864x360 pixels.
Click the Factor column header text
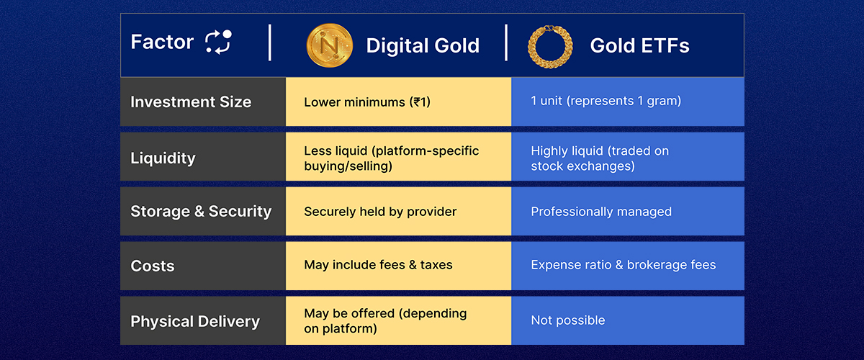[x=162, y=42]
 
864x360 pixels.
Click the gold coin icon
[x=330, y=45]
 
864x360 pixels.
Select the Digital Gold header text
[x=423, y=45]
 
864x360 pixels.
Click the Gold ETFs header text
[x=639, y=45]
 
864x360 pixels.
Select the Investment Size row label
[x=191, y=102]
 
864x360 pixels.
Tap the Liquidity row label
[x=163, y=158]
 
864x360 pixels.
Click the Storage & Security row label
[x=201, y=212]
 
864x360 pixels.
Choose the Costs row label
[x=153, y=266]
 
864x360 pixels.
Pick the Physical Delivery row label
[x=195, y=321]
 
